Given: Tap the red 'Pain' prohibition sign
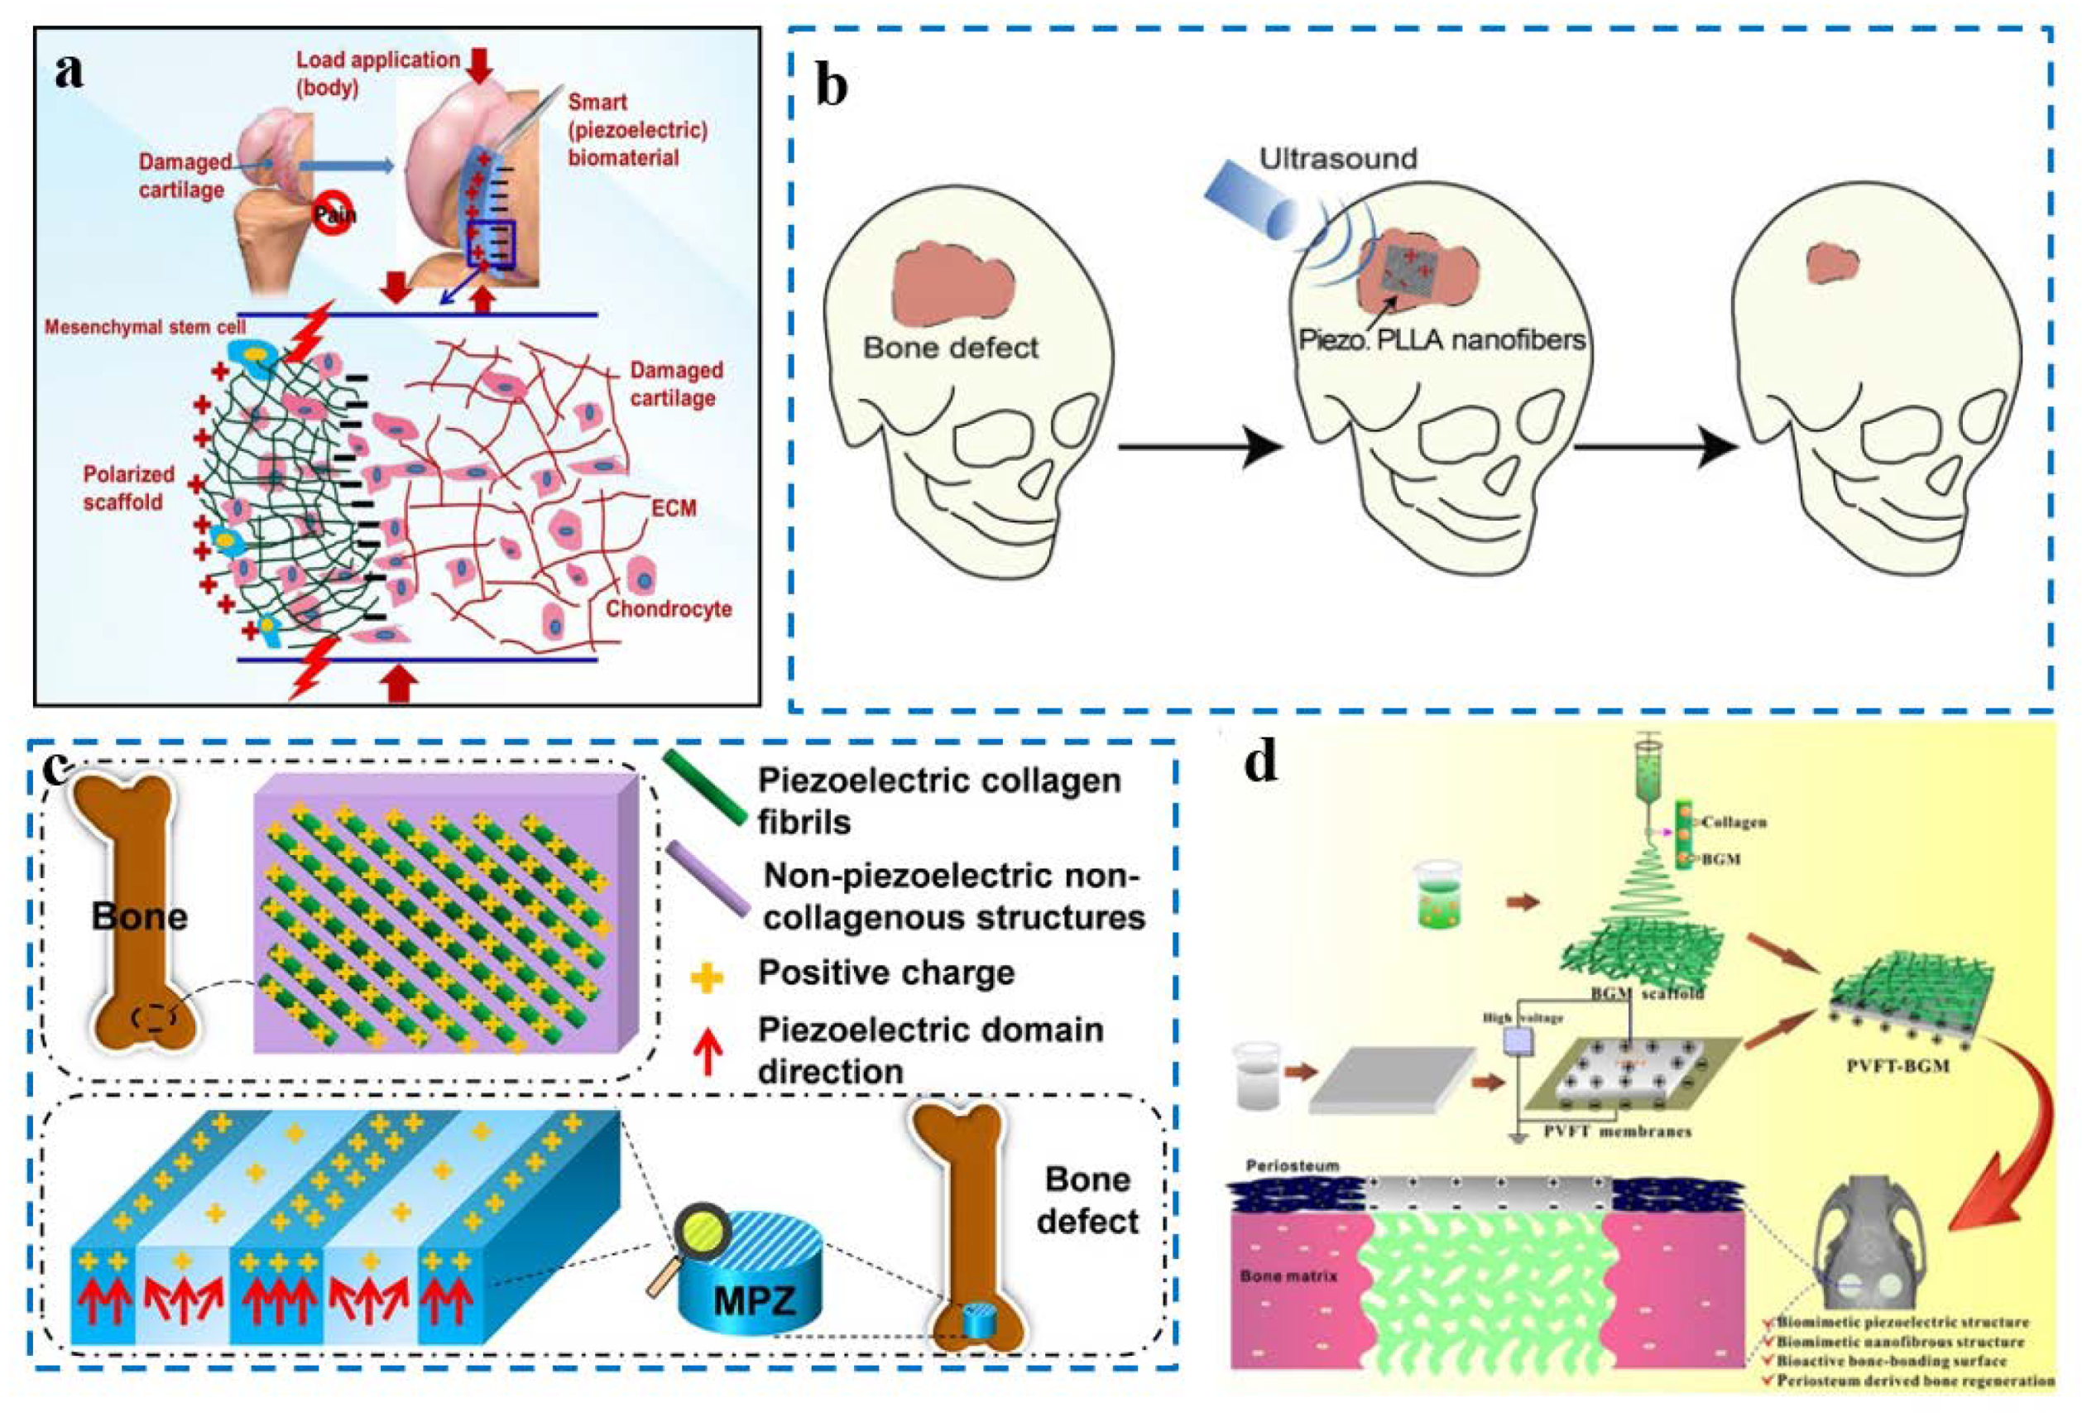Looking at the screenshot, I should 333,215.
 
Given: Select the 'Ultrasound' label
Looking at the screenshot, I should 1337,160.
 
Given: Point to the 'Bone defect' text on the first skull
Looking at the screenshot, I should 951,348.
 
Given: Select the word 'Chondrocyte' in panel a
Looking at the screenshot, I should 669,609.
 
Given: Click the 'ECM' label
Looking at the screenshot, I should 674,508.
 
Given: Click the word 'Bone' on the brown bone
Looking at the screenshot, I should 140,916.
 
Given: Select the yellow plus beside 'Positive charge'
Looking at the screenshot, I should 706,976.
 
